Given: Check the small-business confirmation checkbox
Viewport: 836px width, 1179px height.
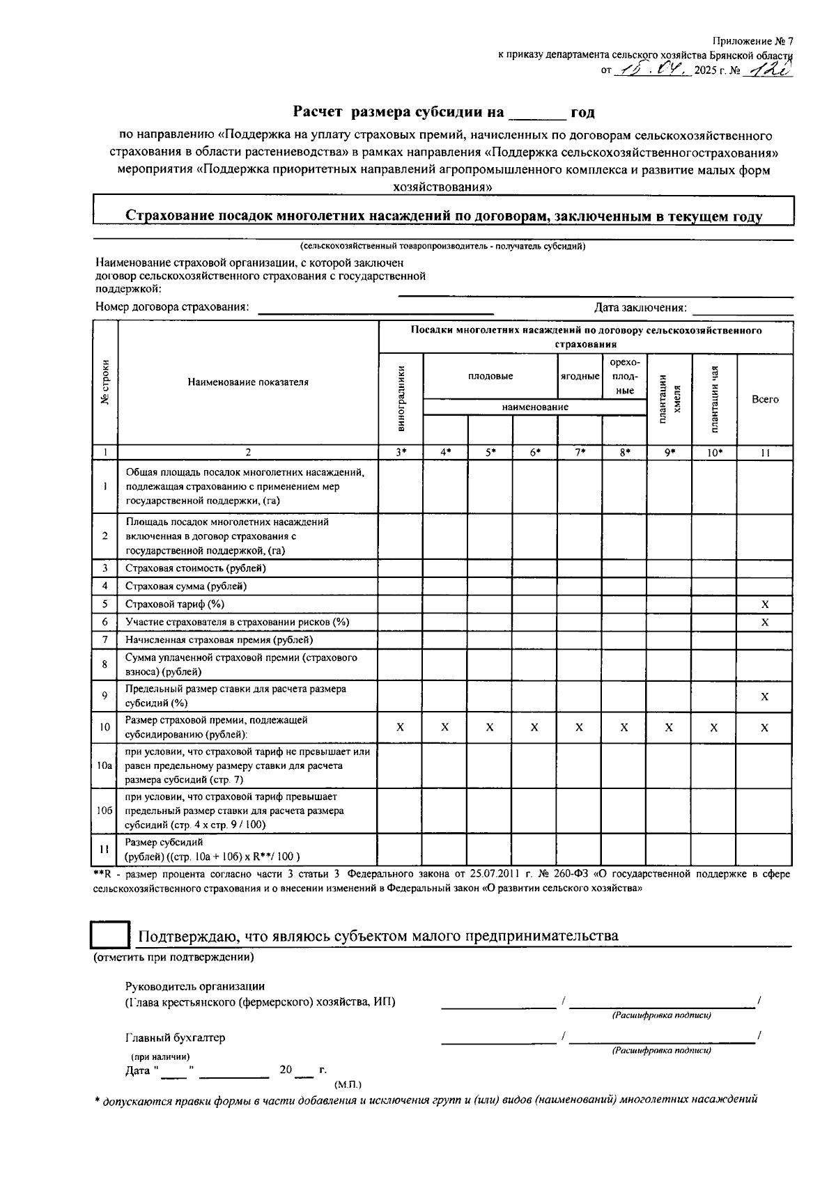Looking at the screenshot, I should tap(111, 935).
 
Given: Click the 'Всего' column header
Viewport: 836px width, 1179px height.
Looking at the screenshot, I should tap(765, 399).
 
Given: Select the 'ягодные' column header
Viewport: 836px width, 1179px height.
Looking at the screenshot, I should tap(580, 376).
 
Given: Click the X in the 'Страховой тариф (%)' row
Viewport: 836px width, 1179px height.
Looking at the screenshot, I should tap(765, 604).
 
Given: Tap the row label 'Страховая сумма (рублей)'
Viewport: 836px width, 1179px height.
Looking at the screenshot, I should tap(186, 586).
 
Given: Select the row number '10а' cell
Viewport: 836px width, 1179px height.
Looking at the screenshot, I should tap(104, 765).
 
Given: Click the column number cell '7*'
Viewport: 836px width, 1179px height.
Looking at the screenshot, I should tap(580, 453).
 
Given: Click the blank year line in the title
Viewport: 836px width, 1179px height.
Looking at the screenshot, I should tap(537, 113).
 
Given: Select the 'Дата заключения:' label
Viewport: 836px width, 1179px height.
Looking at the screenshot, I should tap(640, 308).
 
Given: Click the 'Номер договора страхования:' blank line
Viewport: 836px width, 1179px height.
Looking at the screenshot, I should tap(376, 311).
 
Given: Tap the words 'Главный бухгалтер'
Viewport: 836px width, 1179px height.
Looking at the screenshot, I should tap(176, 1038).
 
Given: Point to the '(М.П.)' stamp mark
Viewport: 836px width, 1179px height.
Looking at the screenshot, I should tap(348, 1085).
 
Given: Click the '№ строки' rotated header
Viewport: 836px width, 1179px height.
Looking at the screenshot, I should tap(105, 382).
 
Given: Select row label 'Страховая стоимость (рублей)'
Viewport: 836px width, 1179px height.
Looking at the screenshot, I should tap(196, 568).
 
